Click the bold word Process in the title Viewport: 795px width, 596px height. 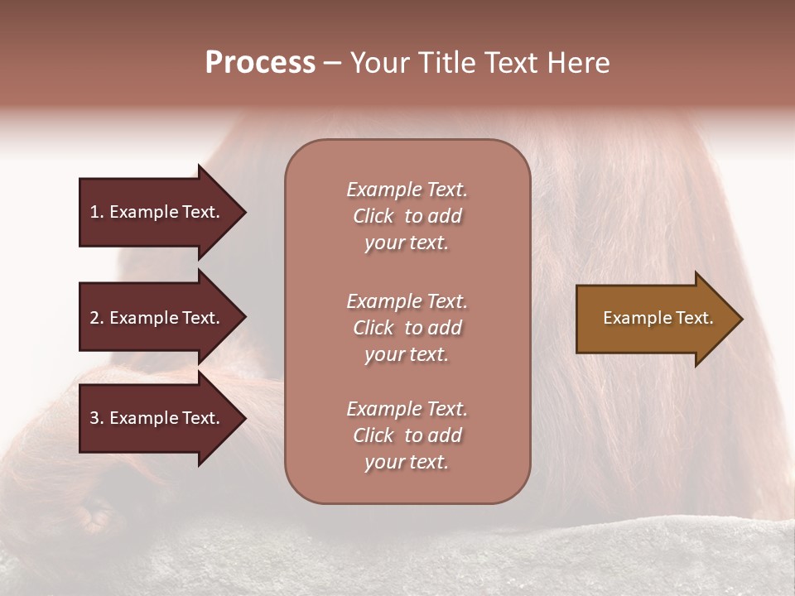tap(260, 63)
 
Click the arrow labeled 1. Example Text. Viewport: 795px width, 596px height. tap(157, 212)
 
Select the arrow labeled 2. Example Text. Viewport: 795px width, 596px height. tap(157, 318)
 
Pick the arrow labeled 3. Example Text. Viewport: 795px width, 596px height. tap(157, 418)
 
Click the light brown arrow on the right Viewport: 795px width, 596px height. tap(654, 319)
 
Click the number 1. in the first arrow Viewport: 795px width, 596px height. tap(97, 212)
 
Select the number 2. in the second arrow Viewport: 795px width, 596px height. tap(97, 318)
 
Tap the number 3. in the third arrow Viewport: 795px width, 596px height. tap(97, 418)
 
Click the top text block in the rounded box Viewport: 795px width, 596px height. tap(407, 216)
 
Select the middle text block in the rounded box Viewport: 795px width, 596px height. tap(407, 328)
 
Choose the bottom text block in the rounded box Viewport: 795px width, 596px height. tap(407, 435)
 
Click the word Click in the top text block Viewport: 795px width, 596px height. tap(373, 216)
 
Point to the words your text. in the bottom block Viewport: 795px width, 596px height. tap(407, 462)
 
